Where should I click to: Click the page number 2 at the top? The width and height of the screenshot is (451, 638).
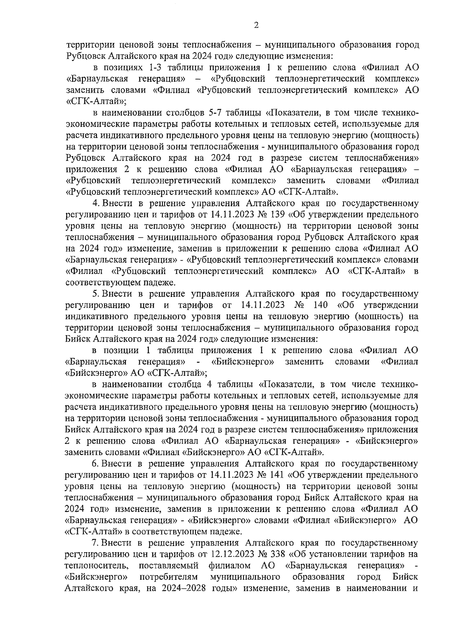pos(256,25)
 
